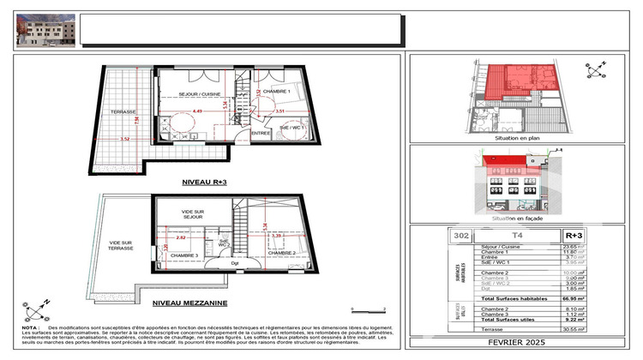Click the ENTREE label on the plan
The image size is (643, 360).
point(261,133)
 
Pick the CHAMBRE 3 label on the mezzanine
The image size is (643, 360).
point(184,255)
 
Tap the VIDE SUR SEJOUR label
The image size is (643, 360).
point(194,213)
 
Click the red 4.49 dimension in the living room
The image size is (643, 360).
point(196,111)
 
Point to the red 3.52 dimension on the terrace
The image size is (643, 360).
point(123,138)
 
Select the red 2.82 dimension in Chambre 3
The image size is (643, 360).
point(181,237)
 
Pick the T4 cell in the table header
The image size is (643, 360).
point(517,234)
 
